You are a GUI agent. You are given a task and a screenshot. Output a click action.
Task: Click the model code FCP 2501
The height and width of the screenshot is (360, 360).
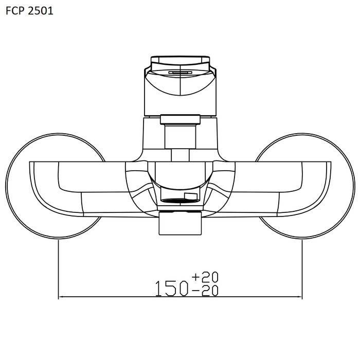tap(29, 11)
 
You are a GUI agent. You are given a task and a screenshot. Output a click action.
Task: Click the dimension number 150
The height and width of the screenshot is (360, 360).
tap(172, 288)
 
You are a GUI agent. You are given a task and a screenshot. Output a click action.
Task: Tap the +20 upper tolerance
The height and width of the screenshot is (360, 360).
tap(205, 277)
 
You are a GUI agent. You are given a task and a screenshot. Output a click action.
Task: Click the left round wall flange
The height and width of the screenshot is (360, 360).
tap(7, 186)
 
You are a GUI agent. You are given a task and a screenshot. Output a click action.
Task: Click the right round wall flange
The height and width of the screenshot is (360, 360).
tap(354, 186)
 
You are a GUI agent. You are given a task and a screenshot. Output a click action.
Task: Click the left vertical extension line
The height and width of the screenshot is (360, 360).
tap(59, 269)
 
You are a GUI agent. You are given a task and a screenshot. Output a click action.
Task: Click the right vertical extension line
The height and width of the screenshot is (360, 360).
tap(302, 269)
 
